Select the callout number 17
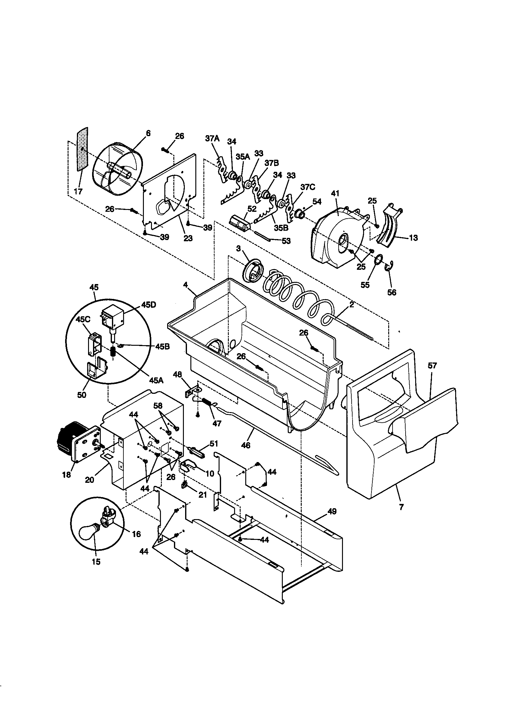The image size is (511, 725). coord(78,191)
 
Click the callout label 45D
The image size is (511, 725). coord(149,305)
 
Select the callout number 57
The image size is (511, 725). coord(432,366)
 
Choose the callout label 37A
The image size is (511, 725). coord(211,139)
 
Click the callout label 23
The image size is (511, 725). coord(188,238)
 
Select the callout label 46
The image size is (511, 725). coord(245,445)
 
